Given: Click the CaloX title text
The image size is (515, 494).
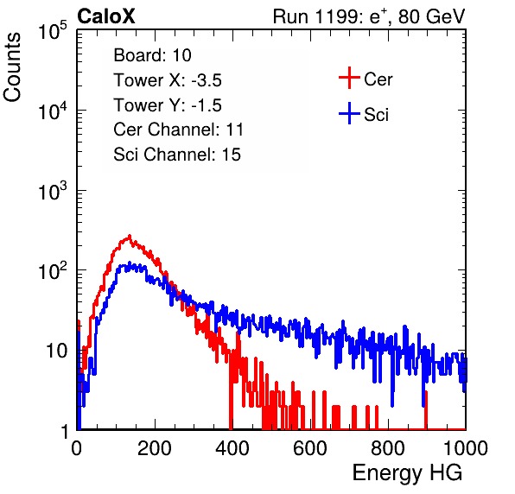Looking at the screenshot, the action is [x=106, y=16].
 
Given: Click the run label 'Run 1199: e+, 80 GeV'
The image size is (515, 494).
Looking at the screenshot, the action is [x=369, y=16].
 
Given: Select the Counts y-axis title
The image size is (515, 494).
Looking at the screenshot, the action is [x=12, y=67].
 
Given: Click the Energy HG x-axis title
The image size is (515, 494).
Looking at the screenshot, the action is [x=407, y=473].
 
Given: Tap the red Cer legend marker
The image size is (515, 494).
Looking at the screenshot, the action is [x=349, y=78].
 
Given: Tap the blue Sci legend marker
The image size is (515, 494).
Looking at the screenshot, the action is [x=349, y=113].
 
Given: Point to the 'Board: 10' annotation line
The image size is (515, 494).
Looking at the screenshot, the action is [x=152, y=55].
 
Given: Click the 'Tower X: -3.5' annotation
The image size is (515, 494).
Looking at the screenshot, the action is [x=168, y=80].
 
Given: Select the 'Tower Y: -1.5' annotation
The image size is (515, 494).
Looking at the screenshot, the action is [x=168, y=105].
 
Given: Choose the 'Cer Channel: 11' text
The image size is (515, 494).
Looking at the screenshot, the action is [x=178, y=130].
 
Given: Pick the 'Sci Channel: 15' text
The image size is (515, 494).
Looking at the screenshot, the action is [x=177, y=155].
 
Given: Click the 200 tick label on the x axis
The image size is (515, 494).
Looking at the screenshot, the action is [x=155, y=448].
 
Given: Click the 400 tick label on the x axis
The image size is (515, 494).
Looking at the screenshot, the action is [x=232, y=448].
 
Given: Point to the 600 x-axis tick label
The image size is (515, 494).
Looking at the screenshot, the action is [x=310, y=448].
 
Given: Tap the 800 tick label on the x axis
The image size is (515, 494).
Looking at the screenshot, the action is [x=388, y=448].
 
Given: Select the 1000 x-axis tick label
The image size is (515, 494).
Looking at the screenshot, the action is [x=466, y=448].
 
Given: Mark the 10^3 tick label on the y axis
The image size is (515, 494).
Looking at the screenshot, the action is [x=53, y=190].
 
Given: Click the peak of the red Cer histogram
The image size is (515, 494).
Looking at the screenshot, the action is [x=130, y=236].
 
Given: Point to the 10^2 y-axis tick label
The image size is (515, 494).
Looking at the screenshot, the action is [x=53, y=270].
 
